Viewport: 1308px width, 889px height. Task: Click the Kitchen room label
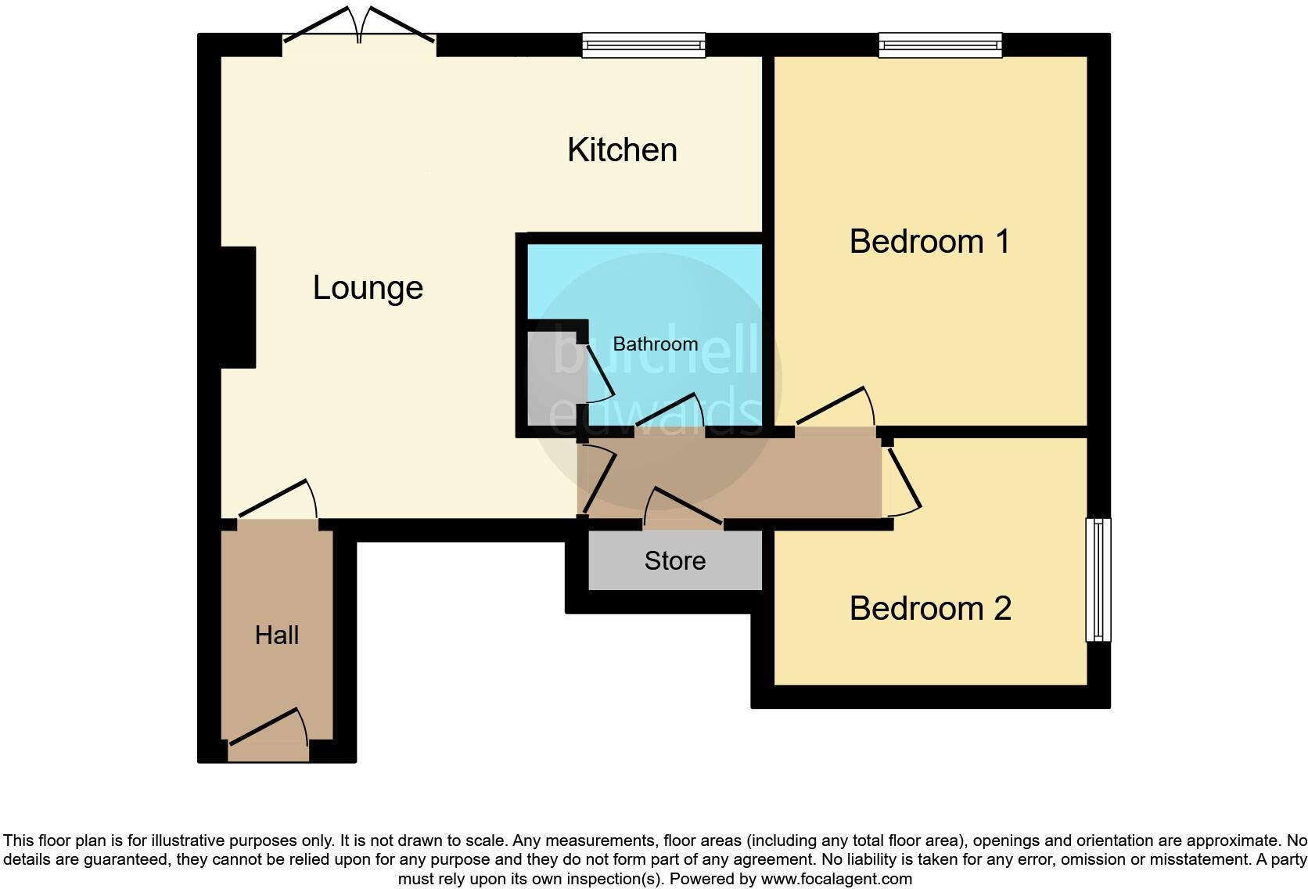coord(622,150)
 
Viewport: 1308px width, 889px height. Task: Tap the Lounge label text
coord(368,288)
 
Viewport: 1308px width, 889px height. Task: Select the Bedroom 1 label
coord(929,241)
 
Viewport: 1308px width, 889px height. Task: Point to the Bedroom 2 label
coord(930,608)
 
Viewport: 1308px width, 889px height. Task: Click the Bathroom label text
coord(655,344)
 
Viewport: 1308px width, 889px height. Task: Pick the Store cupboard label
coord(674,561)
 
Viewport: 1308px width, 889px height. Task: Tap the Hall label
coord(277,635)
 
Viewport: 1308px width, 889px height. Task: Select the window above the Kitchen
coord(643,45)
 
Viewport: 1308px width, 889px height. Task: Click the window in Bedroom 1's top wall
coord(940,45)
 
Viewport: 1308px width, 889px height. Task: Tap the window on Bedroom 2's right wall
coord(1098,579)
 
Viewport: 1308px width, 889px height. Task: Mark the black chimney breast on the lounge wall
coord(238,307)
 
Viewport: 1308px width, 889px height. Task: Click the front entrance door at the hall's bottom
coord(268,732)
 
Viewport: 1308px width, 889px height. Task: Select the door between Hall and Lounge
coord(278,501)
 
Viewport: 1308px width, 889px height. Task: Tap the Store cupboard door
coord(683,509)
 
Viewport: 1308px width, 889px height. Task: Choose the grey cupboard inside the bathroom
coord(551,379)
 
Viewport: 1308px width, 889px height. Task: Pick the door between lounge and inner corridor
coord(598,479)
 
